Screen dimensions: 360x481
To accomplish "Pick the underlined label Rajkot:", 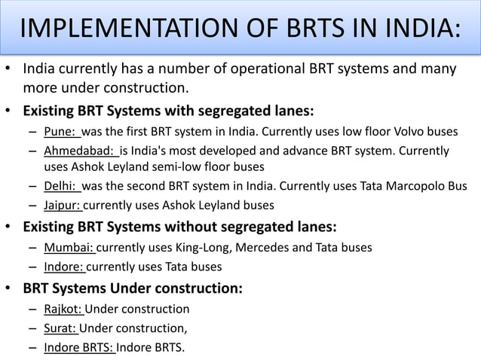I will point(64,309).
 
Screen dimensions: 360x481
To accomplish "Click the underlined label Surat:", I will point(60,328).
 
